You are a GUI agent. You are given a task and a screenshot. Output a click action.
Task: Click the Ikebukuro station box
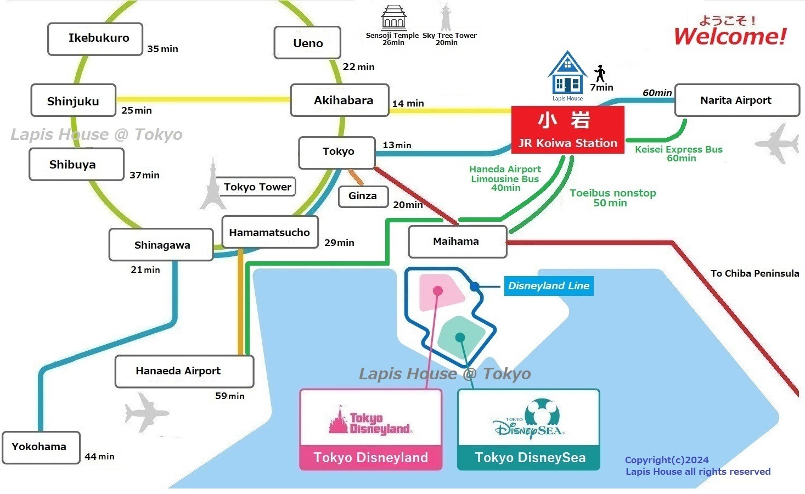point(95,39)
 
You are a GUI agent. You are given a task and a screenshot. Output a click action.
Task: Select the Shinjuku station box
point(74,100)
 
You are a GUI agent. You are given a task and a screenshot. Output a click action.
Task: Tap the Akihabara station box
point(340,100)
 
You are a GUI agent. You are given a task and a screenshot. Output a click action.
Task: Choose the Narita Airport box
point(736,100)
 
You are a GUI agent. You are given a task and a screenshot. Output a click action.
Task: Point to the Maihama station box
point(457,242)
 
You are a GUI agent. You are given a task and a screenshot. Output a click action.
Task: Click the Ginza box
point(363,196)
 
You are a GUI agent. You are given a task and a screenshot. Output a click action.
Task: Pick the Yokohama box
point(41,447)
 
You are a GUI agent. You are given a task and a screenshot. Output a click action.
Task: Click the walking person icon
point(600,73)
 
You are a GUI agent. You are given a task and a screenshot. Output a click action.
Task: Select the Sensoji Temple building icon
point(393,18)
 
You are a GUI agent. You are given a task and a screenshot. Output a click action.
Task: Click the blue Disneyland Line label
point(548,286)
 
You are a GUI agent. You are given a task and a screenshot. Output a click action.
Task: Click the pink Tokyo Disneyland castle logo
point(370,421)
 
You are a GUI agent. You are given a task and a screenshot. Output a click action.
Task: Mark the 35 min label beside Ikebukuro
point(162,49)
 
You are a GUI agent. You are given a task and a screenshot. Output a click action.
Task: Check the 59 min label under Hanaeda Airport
point(230,396)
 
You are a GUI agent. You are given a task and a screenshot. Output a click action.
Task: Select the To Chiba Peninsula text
point(755,273)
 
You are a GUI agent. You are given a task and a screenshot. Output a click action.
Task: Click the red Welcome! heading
point(730,36)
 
